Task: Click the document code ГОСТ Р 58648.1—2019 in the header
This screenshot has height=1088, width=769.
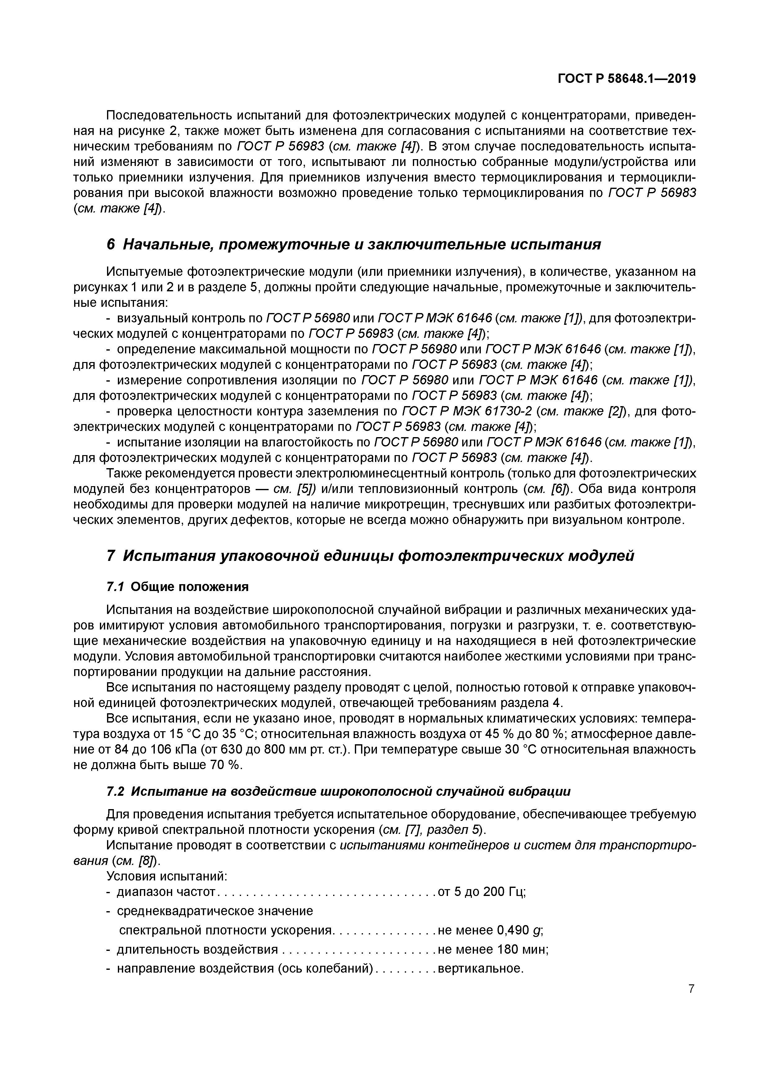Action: point(626,79)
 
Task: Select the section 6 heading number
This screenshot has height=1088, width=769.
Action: point(110,244)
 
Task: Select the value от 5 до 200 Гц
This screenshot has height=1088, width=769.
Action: point(482,892)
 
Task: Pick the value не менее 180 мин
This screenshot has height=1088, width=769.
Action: point(493,950)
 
